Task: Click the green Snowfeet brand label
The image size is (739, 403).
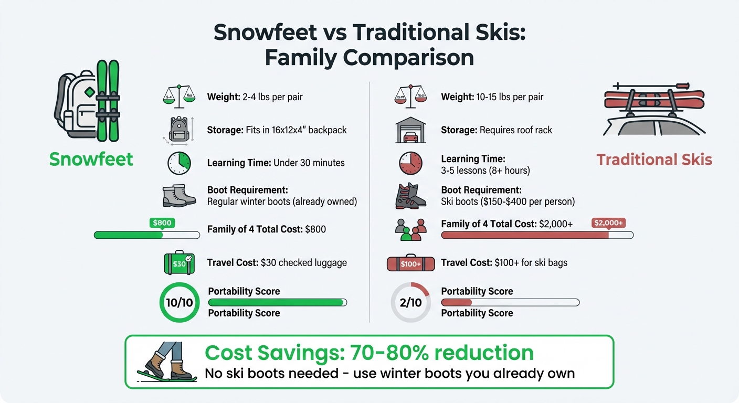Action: point(91,158)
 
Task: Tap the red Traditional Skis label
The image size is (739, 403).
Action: point(654,160)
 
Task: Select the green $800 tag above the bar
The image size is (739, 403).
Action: point(162,223)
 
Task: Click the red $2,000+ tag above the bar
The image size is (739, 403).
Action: point(609,223)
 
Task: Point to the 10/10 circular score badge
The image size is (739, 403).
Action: point(180,302)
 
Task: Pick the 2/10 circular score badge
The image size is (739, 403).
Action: point(410,302)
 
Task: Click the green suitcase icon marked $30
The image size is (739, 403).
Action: point(179,263)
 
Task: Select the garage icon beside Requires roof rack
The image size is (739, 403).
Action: point(410,130)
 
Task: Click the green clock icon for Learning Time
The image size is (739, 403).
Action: point(179,163)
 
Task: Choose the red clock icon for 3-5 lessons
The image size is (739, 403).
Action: point(410,163)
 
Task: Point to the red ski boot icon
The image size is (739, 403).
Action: point(410,196)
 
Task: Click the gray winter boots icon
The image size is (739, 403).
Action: point(179,196)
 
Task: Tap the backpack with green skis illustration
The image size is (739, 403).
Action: point(88,101)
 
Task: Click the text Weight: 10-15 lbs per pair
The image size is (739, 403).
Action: point(492,97)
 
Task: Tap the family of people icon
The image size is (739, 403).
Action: point(410,230)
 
